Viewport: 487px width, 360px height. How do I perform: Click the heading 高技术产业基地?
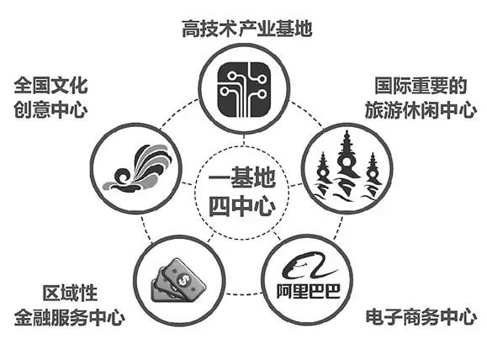[247, 29]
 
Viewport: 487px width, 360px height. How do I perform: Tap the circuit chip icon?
[244, 89]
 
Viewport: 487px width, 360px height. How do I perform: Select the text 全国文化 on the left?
[50, 86]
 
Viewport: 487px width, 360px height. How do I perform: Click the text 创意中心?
[50, 109]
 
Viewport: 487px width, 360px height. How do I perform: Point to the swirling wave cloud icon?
[137, 168]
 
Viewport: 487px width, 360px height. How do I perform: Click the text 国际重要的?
[421, 86]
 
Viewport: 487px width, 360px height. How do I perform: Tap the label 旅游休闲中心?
[421, 109]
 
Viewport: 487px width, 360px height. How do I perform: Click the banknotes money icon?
[178, 279]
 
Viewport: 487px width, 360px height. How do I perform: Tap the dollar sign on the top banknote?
[183, 280]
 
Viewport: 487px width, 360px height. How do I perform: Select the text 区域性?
[70, 293]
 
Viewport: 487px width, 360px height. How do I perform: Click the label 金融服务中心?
[70, 317]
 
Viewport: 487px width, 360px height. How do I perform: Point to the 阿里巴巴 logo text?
[309, 291]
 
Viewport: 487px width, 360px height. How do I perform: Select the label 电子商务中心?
[421, 317]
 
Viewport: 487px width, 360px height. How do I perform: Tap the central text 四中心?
[242, 206]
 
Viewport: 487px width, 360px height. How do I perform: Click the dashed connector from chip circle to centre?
[244, 140]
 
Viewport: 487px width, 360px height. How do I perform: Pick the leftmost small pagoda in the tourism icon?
[323, 175]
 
